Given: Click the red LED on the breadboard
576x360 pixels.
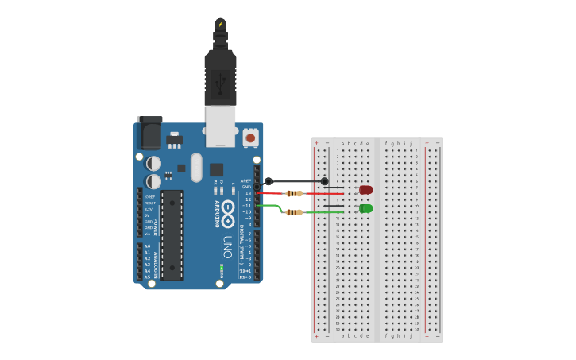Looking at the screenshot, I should pos(365,190).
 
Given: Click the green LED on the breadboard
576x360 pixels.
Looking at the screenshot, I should pos(365,208).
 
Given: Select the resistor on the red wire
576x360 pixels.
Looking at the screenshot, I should pos(294,193).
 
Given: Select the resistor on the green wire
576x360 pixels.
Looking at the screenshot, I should pos(294,212).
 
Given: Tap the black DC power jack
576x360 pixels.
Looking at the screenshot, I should pos(149,133).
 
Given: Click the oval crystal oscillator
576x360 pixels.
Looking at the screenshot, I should pos(196,168).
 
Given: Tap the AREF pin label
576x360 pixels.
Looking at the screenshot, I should pos(246,180).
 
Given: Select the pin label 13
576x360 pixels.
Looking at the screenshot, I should pos(248,193).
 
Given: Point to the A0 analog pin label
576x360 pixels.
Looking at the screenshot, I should pos(147,246).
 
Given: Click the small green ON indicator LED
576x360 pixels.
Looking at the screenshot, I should pos(222,269).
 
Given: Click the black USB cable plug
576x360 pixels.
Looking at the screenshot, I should pos(220,75).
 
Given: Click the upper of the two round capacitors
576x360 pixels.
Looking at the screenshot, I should pos(154,163).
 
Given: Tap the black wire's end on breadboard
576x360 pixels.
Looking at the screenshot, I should pos(324,181).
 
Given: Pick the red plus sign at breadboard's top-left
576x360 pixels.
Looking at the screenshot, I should pos(316,143).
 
